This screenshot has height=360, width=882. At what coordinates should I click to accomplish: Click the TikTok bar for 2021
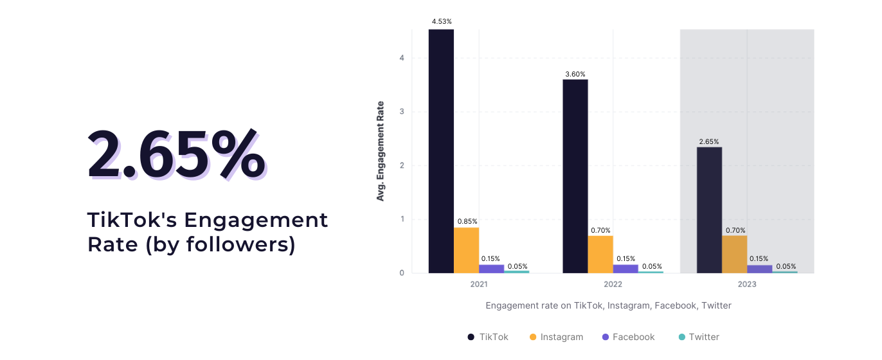point(441,151)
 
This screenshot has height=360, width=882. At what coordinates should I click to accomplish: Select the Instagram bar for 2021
point(466,250)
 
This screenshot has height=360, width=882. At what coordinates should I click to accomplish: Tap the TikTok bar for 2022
point(575,176)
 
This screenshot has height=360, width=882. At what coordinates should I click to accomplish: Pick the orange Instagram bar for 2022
point(600,254)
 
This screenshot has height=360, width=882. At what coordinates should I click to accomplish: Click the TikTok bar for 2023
point(709,210)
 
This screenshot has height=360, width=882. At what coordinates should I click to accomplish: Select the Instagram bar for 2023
point(734,254)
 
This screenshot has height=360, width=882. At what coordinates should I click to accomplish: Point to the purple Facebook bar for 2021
point(491,269)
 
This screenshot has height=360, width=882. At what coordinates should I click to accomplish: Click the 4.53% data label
point(442,21)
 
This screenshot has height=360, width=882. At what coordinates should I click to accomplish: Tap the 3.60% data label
point(575,74)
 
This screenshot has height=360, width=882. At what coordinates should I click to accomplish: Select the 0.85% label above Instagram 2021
point(467,221)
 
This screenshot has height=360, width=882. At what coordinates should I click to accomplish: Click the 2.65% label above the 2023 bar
point(709,141)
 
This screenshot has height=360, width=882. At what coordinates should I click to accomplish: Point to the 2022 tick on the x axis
point(613,284)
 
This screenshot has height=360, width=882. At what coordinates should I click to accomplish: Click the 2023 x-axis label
point(747,284)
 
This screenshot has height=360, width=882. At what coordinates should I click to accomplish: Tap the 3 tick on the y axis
point(401,112)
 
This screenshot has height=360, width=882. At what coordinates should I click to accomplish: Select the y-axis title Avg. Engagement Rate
point(381,151)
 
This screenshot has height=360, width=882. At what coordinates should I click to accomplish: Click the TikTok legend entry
point(488,337)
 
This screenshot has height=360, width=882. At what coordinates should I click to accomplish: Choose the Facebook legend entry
point(627,337)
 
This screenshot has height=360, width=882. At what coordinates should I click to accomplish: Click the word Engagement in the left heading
point(256,220)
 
